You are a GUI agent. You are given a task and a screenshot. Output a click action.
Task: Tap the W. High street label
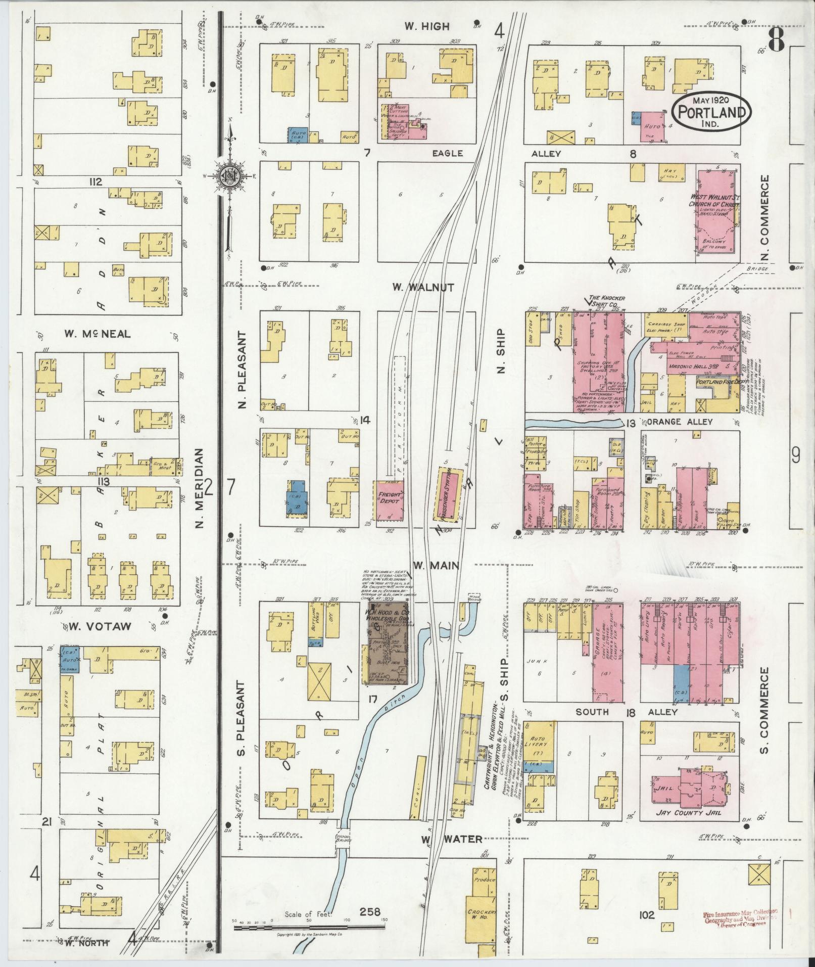(x=427, y=27)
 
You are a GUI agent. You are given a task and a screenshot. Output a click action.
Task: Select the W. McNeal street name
(x=97, y=334)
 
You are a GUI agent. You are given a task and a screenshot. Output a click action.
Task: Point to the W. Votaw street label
(x=100, y=626)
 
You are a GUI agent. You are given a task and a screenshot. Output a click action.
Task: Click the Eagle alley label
(x=447, y=153)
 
